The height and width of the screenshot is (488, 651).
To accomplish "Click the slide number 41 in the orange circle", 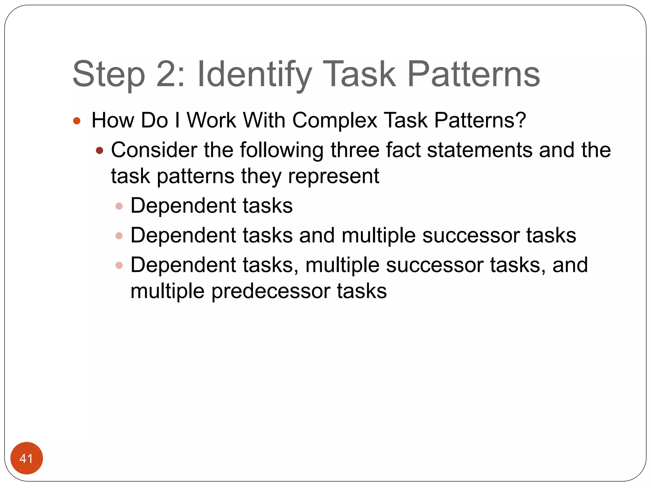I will [x=26, y=458].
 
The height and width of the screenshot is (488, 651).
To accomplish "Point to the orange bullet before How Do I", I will [x=77, y=121].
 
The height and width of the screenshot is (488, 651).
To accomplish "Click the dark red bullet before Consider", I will [x=99, y=150].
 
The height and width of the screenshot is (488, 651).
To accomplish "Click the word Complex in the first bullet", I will [x=334, y=121].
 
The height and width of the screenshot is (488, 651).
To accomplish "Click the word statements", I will [x=479, y=150].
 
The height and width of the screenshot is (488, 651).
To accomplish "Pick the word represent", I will [x=333, y=176].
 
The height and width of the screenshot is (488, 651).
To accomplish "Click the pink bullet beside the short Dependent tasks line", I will [x=119, y=206].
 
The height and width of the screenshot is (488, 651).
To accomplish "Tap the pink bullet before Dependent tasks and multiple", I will [x=119, y=236].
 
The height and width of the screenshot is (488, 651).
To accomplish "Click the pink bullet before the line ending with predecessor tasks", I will [x=119, y=265].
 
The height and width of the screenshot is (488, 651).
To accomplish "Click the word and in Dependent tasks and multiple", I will [x=317, y=235].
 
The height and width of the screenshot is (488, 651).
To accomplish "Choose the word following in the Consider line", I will [x=282, y=150].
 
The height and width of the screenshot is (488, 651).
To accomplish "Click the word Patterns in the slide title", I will [x=473, y=75].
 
